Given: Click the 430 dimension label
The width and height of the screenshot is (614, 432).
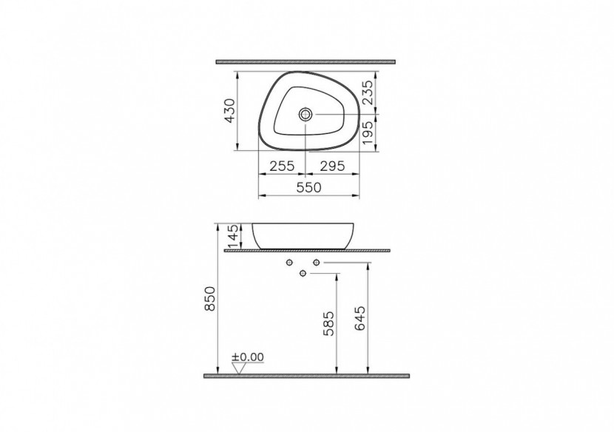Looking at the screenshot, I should (x=230, y=111).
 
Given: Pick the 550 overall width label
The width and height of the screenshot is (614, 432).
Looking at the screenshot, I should (x=308, y=188).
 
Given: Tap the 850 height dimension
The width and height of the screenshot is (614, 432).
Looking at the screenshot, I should (x=209, y=300).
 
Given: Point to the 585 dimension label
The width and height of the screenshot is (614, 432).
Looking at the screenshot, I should (x=328, y=323).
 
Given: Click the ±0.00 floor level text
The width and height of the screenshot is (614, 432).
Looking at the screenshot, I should (x=248, y=357).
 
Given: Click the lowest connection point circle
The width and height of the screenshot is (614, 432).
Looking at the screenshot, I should (x=303, y=274).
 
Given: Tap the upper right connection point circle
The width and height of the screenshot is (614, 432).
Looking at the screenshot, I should (x=316, y=263).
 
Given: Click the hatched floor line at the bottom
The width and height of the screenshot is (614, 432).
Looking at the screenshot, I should (x=306, y=376).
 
